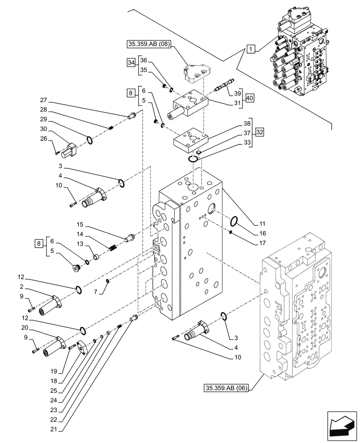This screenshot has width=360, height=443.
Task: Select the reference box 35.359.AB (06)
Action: pyautogui.click(x=227, y=389)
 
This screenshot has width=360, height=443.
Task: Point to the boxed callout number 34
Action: pyautogui.click(x=130, y=63)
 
